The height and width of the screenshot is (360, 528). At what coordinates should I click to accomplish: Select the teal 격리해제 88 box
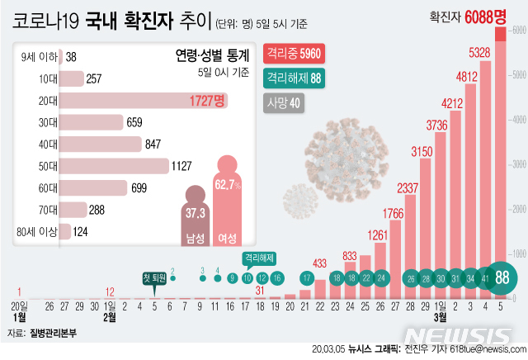click(x=293, y=79)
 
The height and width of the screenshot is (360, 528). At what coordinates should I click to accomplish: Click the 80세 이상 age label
click(x=39, y=232)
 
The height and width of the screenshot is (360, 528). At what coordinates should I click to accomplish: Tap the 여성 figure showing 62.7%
click(x=227, y=198)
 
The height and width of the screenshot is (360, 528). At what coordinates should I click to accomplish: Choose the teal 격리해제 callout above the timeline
click(x=259, y=258)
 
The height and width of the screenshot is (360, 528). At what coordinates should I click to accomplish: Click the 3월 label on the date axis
click(x=441, y=316)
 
